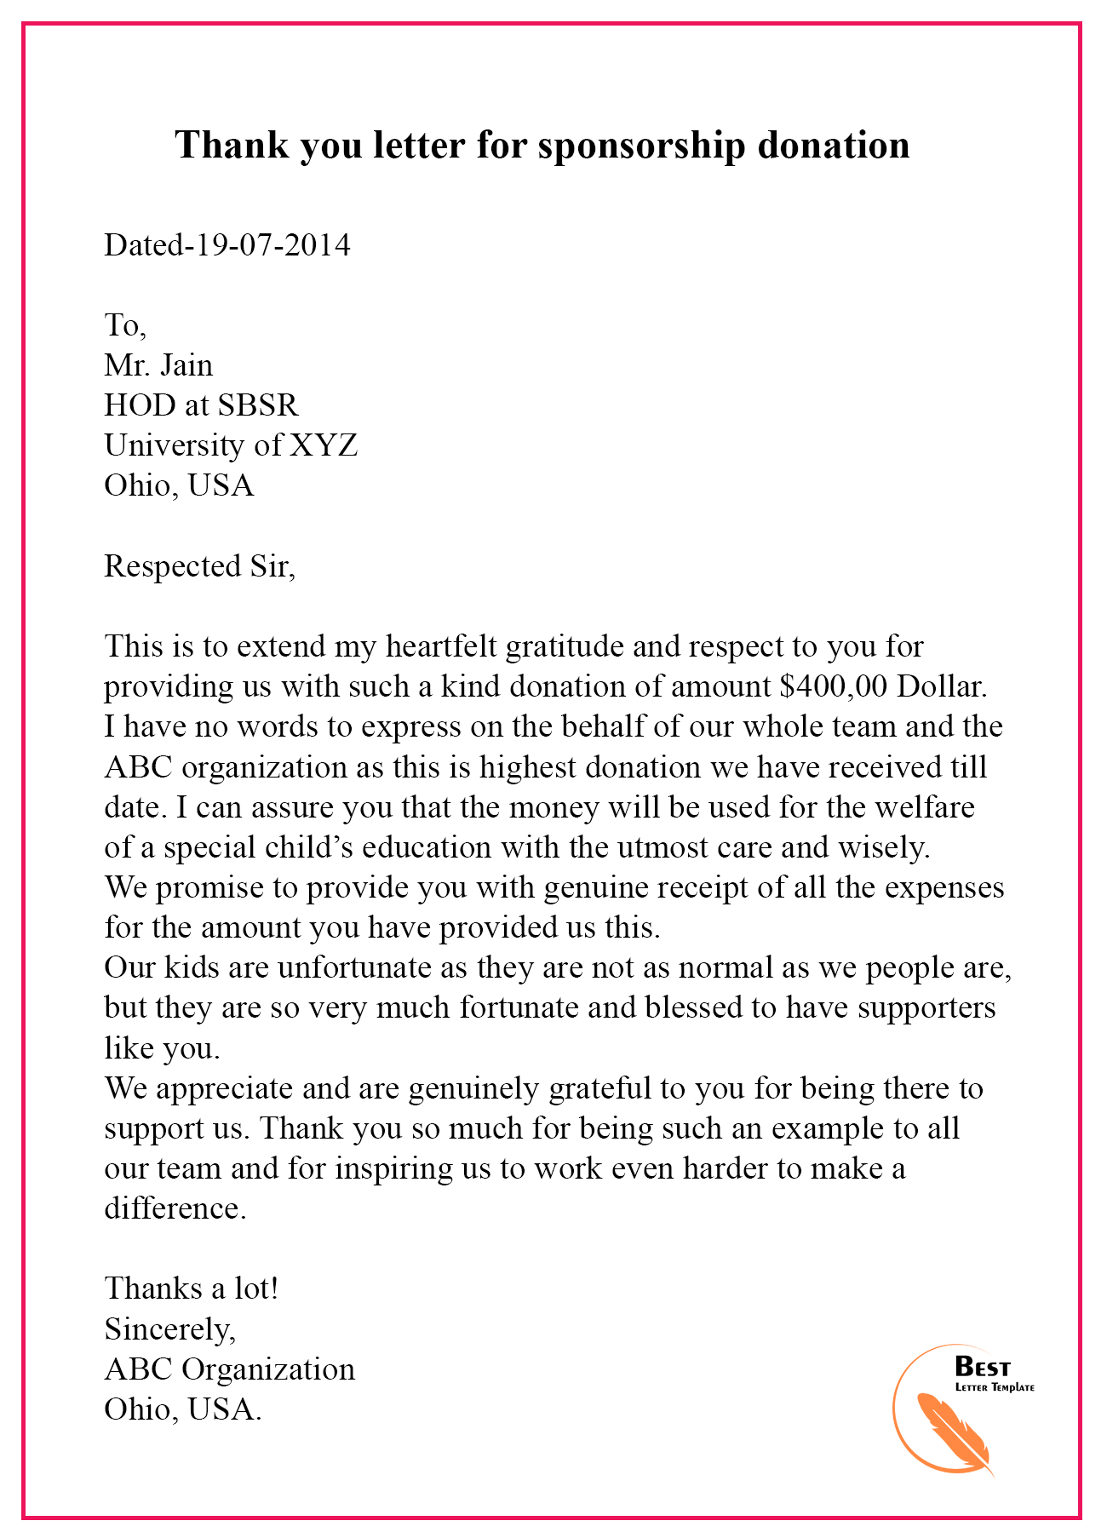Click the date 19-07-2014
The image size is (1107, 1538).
coord(272,245)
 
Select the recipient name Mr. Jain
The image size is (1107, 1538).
coord(158,365)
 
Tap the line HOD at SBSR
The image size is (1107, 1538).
coord(201,405)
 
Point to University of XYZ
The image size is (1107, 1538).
coord(231,445)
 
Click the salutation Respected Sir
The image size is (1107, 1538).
coord(199,566)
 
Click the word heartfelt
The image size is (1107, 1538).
coord(441,647)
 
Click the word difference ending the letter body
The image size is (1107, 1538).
coord(174,1208)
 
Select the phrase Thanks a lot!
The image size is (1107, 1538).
coord(192,1288)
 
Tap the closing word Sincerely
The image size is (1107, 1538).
coord(169,1329)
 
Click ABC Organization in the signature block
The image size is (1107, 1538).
coord(229,1369)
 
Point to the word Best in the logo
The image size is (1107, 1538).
coord(983,1368)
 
